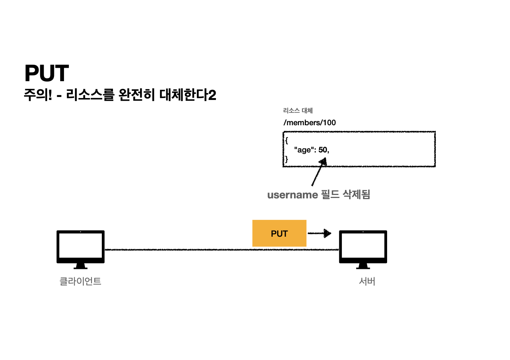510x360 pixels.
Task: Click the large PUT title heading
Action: (47, 73)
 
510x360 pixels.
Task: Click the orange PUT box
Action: (279, 233)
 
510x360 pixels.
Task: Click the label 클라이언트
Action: (80, 281)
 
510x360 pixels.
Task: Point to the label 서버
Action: (367, 281)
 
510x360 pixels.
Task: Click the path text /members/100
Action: (309, 123)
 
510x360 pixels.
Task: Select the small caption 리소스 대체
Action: (298, 111)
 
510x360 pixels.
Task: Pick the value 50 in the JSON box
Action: (323, 150)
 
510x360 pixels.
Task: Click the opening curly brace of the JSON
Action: (286, 140)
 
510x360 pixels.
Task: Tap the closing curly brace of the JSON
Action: (286, 159)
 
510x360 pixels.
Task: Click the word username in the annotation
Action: (293, 195)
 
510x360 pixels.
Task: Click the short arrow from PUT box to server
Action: (319, 233)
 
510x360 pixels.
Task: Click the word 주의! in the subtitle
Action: (38, 95)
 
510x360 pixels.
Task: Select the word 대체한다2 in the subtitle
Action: (188, 95)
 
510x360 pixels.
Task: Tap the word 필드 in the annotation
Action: (330, 195)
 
